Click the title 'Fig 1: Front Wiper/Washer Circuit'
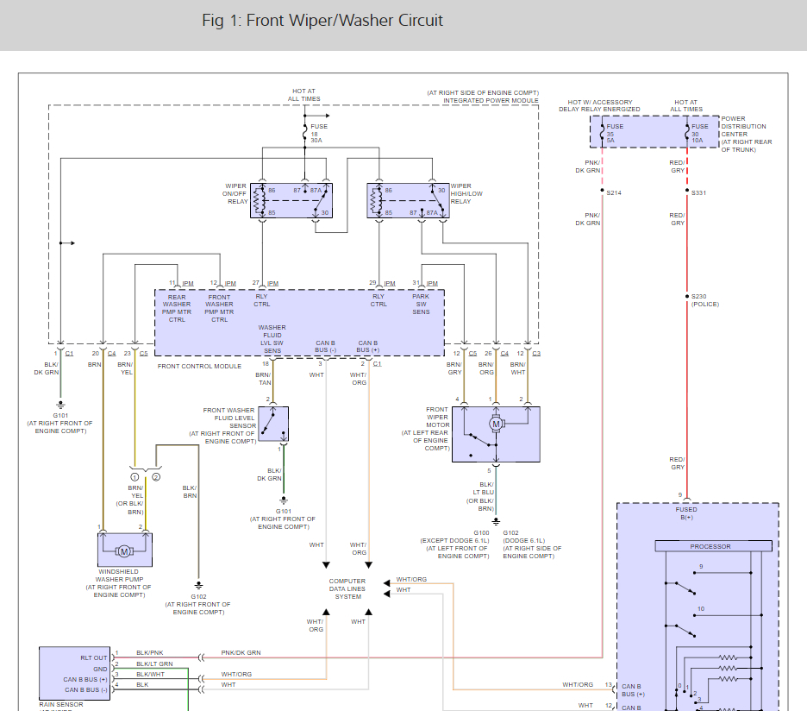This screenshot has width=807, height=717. coord(322,20)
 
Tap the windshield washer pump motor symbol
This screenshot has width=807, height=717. coord(124,550)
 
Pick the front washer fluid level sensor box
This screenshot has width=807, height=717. coord(272,424)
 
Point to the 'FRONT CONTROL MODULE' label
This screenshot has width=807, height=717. coord(200,367)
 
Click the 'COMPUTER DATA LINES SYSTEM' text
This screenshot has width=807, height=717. coord(347,588)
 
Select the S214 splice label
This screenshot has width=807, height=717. coord(613,192)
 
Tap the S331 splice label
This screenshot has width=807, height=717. coord(698,192)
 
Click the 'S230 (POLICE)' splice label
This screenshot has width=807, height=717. coord(704,300)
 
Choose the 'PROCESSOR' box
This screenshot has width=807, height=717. coord(710,546)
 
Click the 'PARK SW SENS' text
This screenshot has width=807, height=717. coord(421,304)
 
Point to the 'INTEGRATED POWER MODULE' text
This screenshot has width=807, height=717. coord(491,100)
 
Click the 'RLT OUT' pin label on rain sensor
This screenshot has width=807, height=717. coord(95,658)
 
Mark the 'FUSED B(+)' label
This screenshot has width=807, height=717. coord(686,513)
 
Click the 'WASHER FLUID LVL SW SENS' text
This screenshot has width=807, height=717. coord(272,340)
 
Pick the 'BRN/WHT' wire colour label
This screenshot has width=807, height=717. coord(517,369)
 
